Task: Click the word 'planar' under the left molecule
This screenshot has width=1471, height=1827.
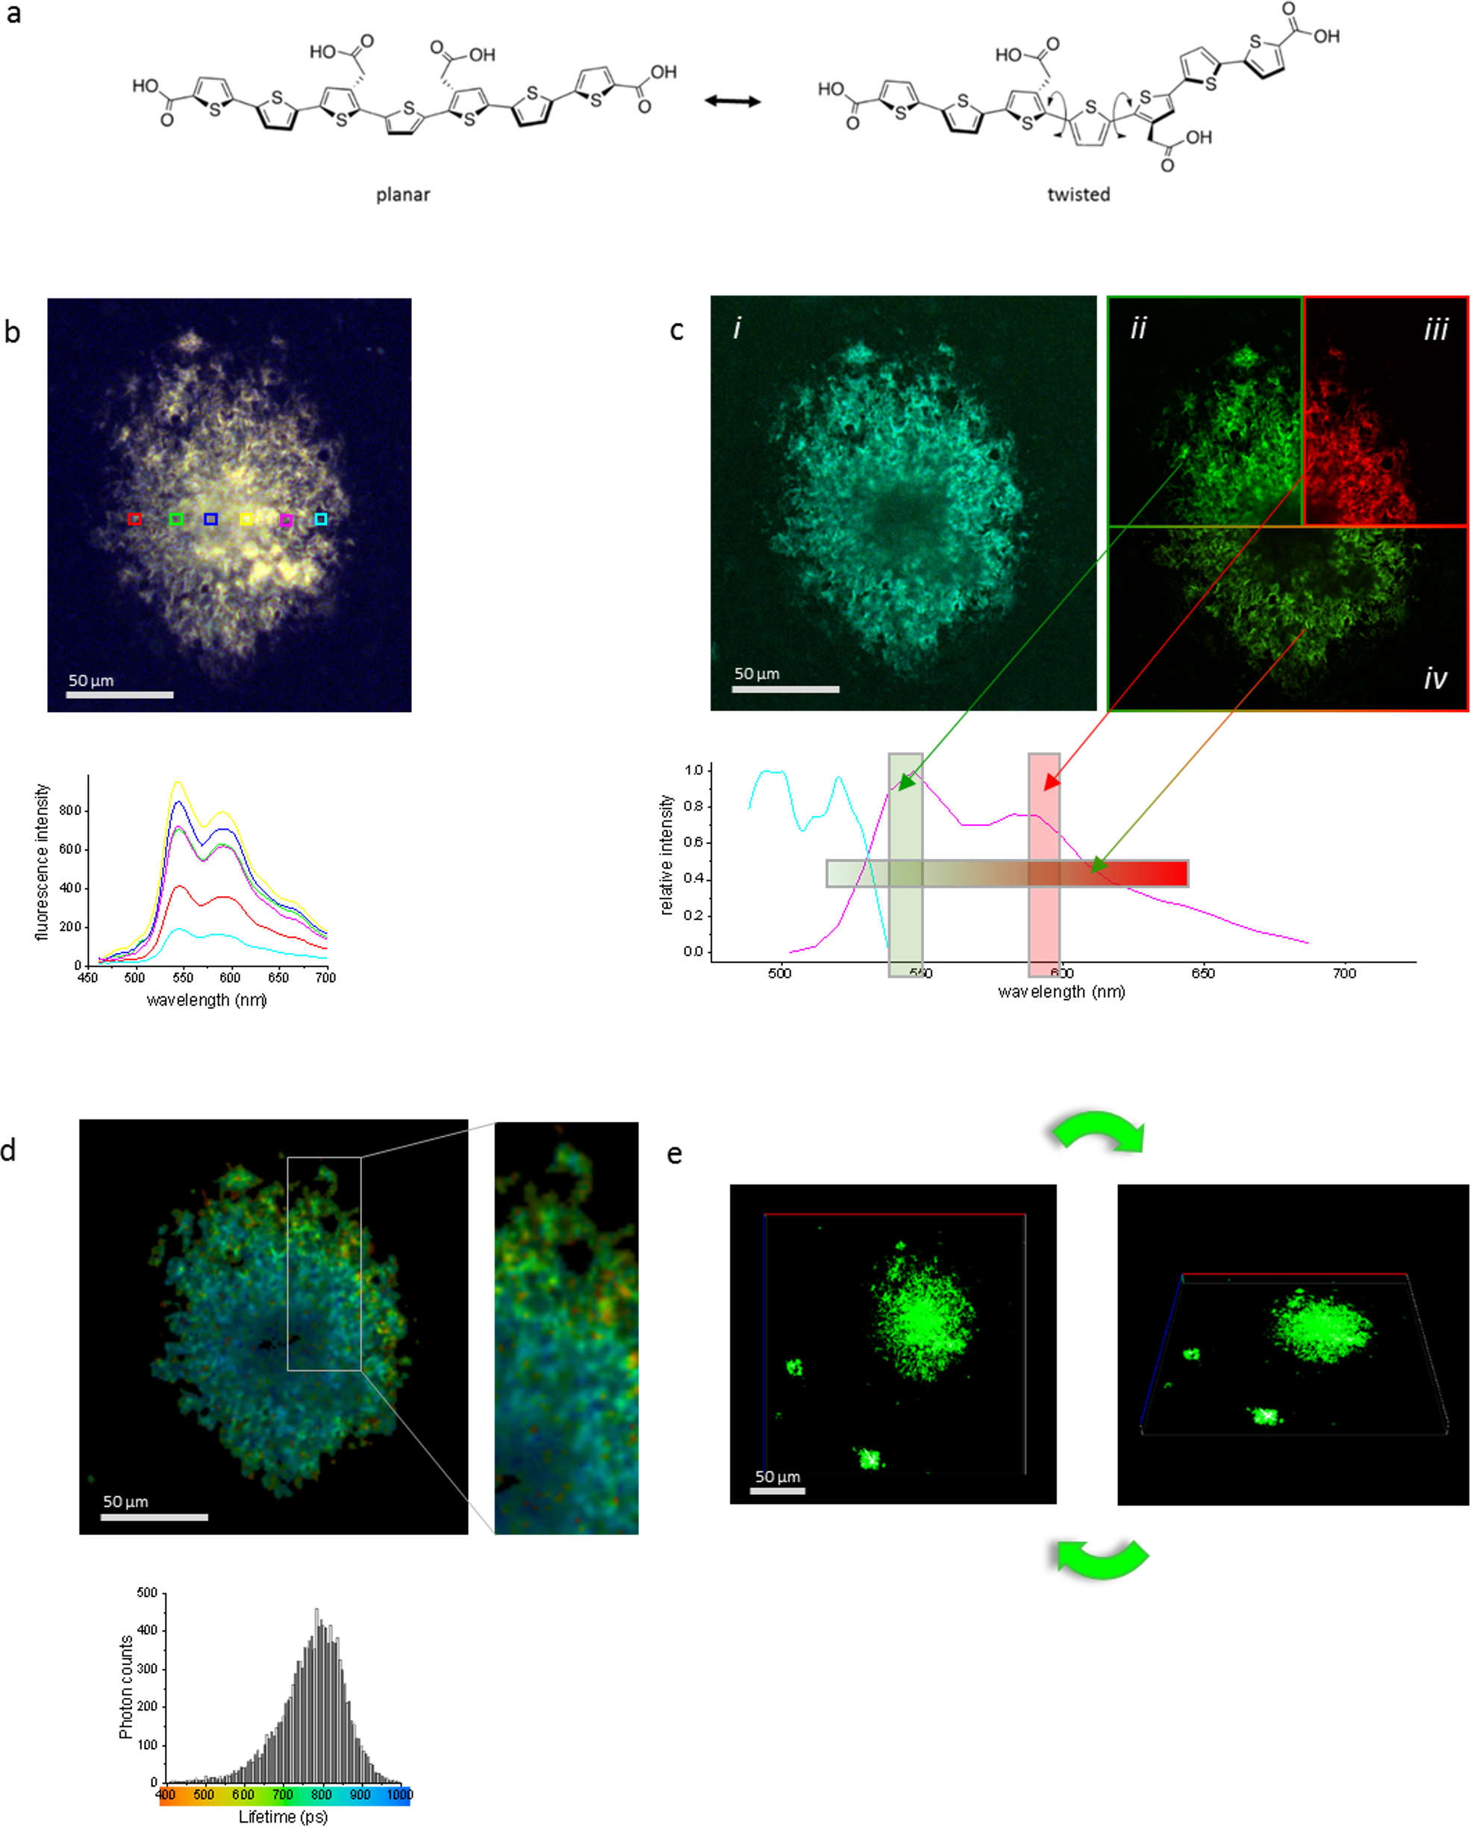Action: click(402, 195)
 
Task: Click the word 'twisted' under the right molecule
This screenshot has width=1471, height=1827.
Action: click(1078, 195)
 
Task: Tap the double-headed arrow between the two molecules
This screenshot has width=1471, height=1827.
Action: click(732, 101)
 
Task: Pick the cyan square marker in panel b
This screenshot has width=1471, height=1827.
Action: click(320, 519)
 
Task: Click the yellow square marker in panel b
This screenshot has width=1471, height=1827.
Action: click(246, 519)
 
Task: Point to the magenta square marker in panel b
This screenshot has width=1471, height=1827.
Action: click(286, 519)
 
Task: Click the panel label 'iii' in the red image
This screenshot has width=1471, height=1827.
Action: click(1435, 329)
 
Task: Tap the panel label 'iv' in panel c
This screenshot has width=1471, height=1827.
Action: click(1434, 678)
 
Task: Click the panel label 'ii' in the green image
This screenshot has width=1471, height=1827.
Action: click(1138, 329)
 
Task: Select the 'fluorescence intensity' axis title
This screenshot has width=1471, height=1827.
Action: click(43, 862)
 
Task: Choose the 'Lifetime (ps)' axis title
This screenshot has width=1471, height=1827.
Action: click(282, 1816)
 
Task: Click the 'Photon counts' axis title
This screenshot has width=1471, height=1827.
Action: click(126, 1687)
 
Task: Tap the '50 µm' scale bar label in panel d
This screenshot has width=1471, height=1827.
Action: click(125, 1502)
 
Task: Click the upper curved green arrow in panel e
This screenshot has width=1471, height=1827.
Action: click(1098, 1131)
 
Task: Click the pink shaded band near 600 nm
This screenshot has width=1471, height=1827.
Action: click(1044, 864)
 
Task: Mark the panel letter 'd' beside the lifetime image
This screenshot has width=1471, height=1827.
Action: click(8, 1150)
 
